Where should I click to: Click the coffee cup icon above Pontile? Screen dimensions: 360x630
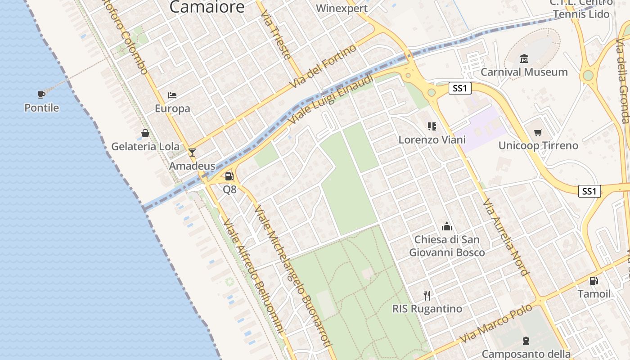41,94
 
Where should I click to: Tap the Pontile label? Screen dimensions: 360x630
41,108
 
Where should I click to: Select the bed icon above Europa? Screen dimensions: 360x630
172,95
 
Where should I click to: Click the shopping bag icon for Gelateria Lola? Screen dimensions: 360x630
145,133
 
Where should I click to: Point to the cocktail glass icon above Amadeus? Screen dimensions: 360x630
192,153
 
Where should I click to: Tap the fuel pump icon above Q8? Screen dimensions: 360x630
229,176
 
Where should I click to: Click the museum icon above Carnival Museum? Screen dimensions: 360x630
524,59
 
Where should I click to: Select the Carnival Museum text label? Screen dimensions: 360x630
524,72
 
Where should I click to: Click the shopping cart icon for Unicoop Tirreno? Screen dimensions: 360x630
538,132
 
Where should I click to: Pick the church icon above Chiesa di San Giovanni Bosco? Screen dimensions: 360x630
446,226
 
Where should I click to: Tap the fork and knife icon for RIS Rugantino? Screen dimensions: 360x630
427,295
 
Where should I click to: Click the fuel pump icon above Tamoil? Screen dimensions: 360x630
594,281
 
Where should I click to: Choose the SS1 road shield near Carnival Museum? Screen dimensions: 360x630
460,88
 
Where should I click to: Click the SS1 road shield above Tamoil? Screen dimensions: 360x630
589,191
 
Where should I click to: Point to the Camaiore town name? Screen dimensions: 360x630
207,7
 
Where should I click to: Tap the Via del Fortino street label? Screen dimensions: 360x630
323,66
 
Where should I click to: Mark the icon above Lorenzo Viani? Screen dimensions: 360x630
432,126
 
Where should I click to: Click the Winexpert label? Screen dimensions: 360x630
342,8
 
